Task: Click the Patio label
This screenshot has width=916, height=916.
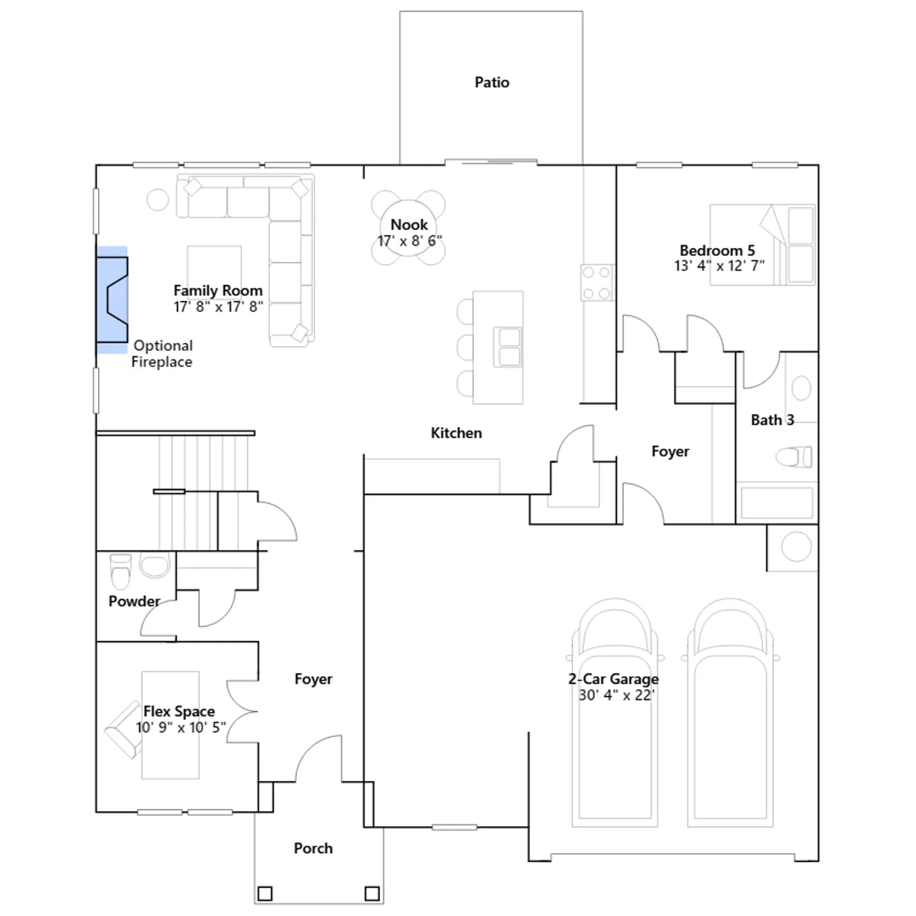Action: pos(492,82)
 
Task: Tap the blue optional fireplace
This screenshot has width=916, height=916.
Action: pos(112,300)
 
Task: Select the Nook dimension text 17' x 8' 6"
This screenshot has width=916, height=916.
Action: pos(409,241)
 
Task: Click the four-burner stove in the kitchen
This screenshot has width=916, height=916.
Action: pos(597,283)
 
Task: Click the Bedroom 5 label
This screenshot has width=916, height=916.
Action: pos(717,250)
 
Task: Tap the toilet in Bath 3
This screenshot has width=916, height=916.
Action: pos(794,457)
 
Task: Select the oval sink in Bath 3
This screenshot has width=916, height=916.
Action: pos(801,388)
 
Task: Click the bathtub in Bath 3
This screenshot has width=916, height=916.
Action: pos(777,503)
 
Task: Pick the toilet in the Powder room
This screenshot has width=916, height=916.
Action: pos(121,571)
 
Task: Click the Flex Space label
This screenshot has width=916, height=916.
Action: pos(179,711)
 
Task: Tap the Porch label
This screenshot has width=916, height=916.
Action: pos(313,848)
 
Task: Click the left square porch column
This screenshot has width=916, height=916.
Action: pos(265,893)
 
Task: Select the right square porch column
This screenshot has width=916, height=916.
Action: pos(372,893)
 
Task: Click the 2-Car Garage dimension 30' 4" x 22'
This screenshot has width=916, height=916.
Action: pos(617,695)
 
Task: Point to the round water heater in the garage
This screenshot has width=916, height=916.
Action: pos(796,546)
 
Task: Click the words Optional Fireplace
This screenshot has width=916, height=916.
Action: pos(162,354)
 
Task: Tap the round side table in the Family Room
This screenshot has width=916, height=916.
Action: pos(158,200)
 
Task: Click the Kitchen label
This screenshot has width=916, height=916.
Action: pos(456,433)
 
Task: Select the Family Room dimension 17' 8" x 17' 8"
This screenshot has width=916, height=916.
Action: pos(219,307)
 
